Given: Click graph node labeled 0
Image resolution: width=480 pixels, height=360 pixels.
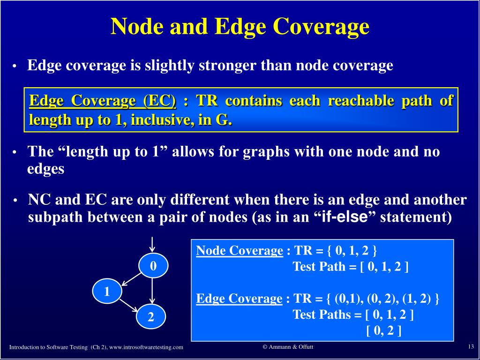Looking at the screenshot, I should (153, 267).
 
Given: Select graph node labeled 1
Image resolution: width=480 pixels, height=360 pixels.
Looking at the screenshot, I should (107, 292).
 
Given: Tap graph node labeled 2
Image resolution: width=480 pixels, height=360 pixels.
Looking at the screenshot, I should (151, 317).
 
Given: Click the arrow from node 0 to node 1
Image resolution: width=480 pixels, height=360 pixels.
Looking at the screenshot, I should (130, 279).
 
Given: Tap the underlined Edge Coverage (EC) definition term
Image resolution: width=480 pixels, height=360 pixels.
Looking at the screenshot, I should (103, 101).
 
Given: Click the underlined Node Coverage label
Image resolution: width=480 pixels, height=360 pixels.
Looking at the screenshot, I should (240, 251).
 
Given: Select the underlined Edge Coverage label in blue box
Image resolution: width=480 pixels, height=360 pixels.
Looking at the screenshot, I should (239, 299).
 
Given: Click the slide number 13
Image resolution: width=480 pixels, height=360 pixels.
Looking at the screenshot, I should (471, 346).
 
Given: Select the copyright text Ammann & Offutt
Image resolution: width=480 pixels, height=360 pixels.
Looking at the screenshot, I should (288, 346).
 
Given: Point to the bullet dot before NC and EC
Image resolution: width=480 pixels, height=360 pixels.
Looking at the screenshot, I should (15, 201).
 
